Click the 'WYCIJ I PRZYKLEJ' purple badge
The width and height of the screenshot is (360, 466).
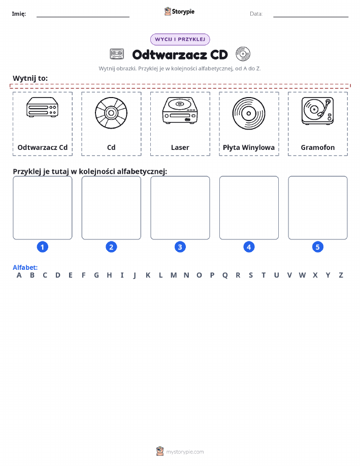coord(180,39)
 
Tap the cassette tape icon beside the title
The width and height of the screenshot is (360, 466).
coord(117,54)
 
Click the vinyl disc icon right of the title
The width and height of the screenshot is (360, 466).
coord(243,54)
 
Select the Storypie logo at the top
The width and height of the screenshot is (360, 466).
coord(179,12)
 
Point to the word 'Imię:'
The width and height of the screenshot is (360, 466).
coord(19,14)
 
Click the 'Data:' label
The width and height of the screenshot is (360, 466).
coord(256,14)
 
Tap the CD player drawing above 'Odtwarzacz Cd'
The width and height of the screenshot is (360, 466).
coord(42,107)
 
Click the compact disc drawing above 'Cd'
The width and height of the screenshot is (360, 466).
coord(111,113)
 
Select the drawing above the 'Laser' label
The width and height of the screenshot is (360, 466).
coord(180,110)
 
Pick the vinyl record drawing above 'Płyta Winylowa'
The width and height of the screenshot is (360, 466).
coord(249,113)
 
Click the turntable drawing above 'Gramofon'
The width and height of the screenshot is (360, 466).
coord(317,111)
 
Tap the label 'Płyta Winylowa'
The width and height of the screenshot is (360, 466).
coord(249,147)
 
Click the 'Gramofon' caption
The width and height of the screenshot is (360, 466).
coord(318,147)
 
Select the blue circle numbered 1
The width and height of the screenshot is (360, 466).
coord(43,247)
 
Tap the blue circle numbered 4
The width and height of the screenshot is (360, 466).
coord(249,247)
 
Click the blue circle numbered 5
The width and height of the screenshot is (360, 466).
coord(318,247)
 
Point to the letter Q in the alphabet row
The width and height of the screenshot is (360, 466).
coord(225,275)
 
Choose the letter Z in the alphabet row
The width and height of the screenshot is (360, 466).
coord(341,275)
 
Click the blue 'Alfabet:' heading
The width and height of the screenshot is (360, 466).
coord(25,267)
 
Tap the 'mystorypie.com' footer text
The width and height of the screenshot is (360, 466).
coord(185,452)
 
